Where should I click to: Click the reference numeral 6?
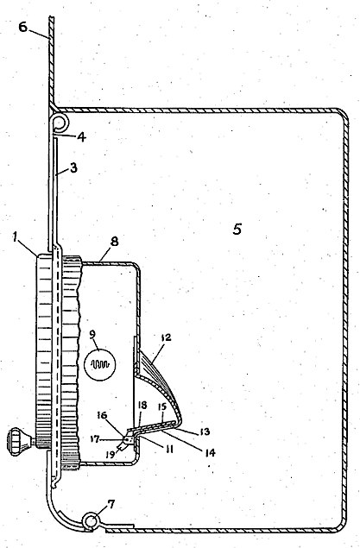[x=23, y=27]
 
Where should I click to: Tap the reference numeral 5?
[x=237, y=230]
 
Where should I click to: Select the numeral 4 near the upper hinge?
[x=81, y=136]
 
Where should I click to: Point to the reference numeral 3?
[x=73, y=168]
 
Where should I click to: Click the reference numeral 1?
[x=15, y=237]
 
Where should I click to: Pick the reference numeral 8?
[x=114, y=242]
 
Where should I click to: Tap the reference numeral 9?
[x=92, y=334]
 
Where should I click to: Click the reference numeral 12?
[x=166, y=338]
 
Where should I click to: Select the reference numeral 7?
[x=111, y=504]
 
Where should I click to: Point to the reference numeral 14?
[x=210, y=452]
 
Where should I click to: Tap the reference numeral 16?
[x=102, y=415]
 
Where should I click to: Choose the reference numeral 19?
[x=111, y=454]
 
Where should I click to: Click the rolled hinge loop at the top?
[x=60, y=123]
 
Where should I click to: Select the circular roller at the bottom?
[x=91, y=520]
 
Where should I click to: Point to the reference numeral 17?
[x=95, y=439]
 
